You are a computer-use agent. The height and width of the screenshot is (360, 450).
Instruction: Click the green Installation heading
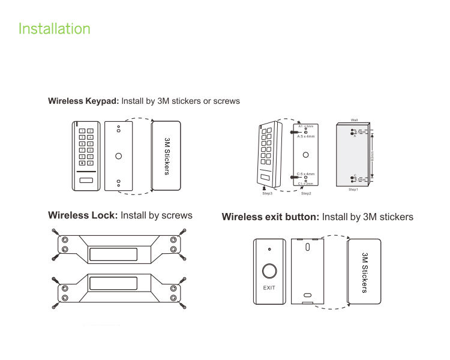click(55, 29)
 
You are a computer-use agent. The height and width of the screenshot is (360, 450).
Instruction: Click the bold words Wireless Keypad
click(83, 101)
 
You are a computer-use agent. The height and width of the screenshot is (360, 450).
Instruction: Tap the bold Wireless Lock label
click(83, 215)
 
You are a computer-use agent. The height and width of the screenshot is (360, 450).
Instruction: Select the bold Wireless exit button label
click(270, 217)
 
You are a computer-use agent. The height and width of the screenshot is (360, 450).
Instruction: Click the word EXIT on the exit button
click(270, 288)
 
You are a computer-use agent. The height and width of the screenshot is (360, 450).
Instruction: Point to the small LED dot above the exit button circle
click(270, 249)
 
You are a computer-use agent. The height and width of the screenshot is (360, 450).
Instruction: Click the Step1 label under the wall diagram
click(353, 190)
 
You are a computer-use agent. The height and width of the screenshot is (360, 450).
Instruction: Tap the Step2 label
click(306, 194)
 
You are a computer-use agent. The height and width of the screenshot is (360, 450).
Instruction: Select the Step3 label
click(268, 194)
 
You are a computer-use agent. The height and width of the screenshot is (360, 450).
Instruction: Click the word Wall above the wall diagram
click(354, 121)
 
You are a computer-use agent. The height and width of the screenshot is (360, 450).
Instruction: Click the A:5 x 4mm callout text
click(306, 136)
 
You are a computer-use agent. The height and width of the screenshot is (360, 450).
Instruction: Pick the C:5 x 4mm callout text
click(306, 174)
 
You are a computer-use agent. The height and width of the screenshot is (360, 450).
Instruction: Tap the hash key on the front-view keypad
click(90, 163)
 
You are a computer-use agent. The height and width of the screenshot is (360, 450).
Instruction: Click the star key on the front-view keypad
click(81, 163)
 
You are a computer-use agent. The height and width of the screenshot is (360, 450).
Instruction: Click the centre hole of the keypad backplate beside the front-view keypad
click(119, 156)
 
